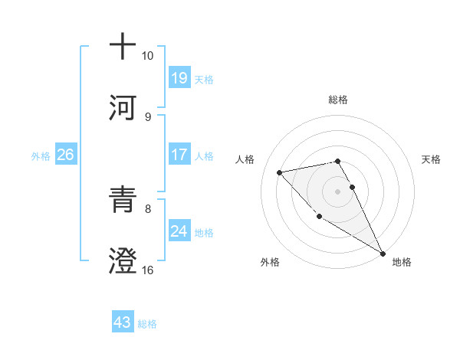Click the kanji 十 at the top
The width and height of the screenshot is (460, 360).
123,47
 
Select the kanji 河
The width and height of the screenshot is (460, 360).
123,108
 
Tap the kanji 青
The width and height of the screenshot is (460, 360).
123,200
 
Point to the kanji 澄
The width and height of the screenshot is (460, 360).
123,261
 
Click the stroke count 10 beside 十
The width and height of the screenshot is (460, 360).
148,56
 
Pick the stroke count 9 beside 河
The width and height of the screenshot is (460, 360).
147,116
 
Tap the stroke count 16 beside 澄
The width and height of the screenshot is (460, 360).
148,270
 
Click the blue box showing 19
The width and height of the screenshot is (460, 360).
179,78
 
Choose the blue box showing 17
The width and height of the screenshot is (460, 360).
179,155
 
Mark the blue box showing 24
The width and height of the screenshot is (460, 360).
179,231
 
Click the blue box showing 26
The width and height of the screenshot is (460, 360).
65,155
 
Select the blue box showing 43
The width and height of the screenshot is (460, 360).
123,322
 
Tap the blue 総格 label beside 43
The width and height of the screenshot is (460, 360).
147,324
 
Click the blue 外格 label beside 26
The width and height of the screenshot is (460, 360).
41,155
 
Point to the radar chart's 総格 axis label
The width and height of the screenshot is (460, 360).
338,100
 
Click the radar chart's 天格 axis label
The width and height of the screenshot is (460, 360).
432,159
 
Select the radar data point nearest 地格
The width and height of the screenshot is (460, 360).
383,254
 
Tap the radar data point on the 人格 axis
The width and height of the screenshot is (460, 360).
280,172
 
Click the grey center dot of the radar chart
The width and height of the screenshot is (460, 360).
338,191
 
